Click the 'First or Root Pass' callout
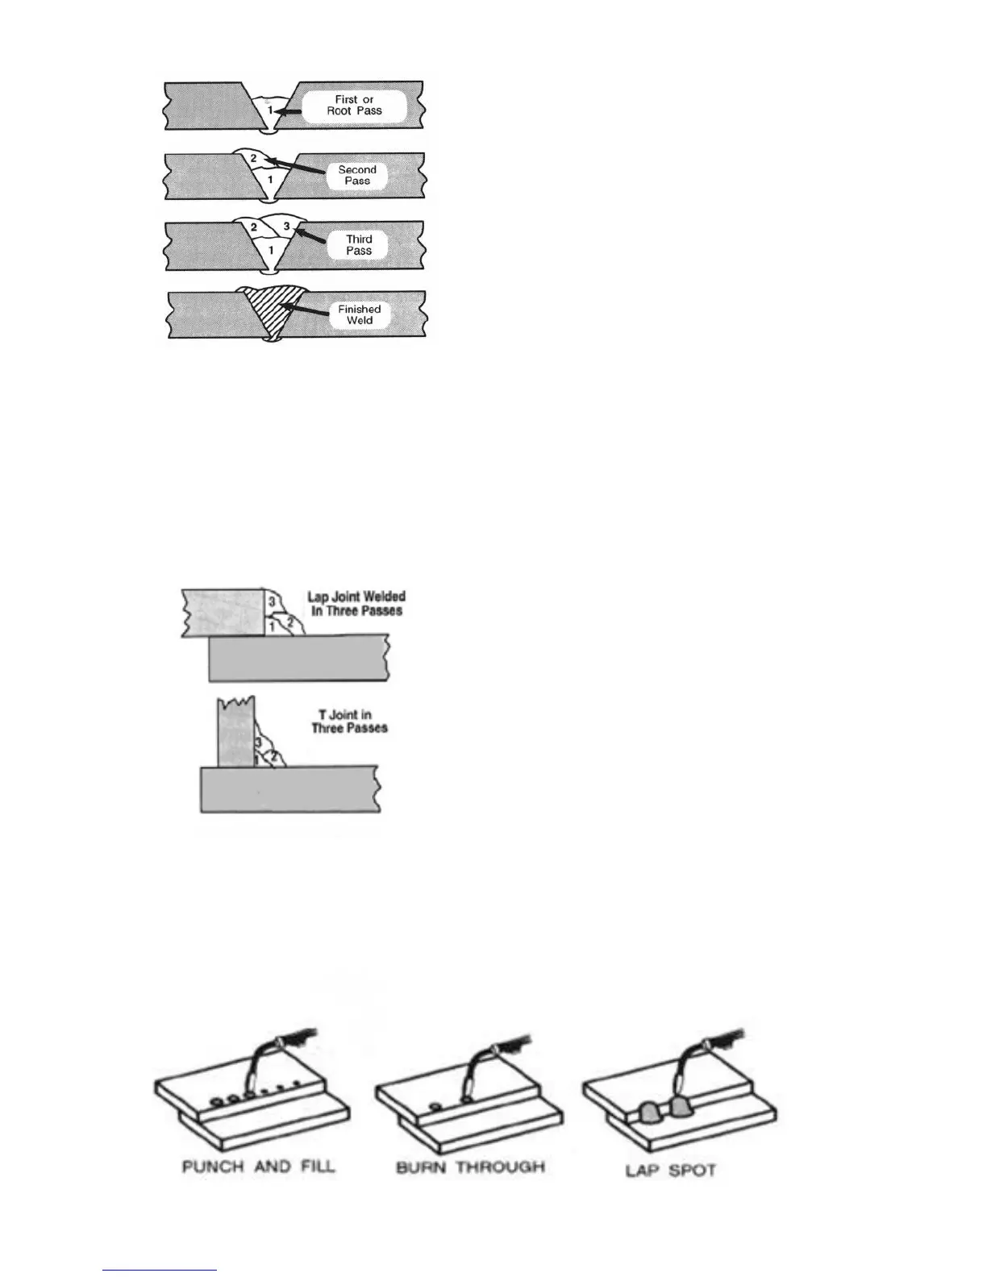coord(354,106)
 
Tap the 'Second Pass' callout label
coord(357,175)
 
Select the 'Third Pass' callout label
coord(359,244)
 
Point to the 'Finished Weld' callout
coord(360,314)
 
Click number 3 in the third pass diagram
coord(286,227)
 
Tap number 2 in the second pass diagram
coord(253,158)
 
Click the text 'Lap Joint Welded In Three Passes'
coord(356,604)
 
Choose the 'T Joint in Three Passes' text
coord(349,721)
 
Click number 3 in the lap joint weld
coord(272,602)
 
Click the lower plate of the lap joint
coord(298,659)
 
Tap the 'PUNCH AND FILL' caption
coord(258,1166)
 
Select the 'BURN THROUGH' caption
coord(470,1167)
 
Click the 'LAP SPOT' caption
coord(670,1170)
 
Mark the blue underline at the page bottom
coord(160,1270)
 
